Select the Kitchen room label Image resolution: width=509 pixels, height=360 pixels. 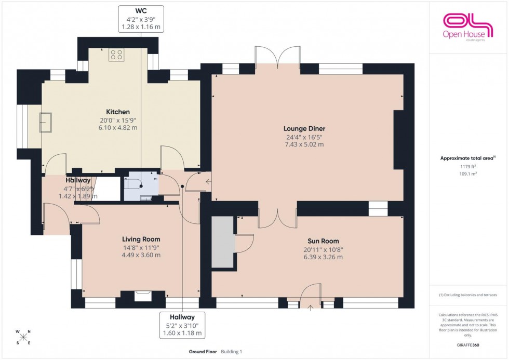pos(118,112)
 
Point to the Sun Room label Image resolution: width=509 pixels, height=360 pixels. pos(323,241)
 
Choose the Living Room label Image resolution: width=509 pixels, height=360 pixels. pos(141,239)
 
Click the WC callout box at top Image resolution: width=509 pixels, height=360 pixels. pos(141,19)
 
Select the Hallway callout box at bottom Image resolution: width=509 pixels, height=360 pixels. pos(182,325)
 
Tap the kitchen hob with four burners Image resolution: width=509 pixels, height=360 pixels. pos(115,55)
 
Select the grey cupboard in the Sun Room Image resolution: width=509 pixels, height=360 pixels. pos(224,242)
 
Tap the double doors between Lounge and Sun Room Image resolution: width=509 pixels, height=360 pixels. pos(277,218)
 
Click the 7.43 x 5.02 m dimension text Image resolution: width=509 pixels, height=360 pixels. pos(304,144)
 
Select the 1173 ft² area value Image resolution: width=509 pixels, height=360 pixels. pos(468,167)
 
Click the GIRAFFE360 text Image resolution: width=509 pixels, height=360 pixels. pos(468,344)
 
